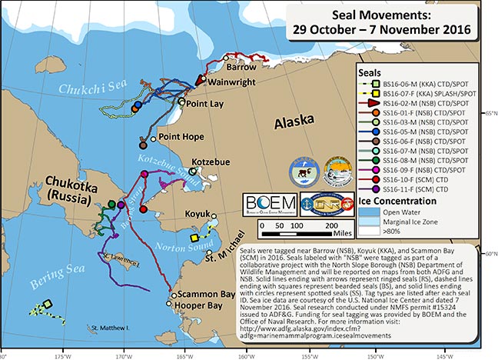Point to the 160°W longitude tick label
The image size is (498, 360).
click(245, 355)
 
